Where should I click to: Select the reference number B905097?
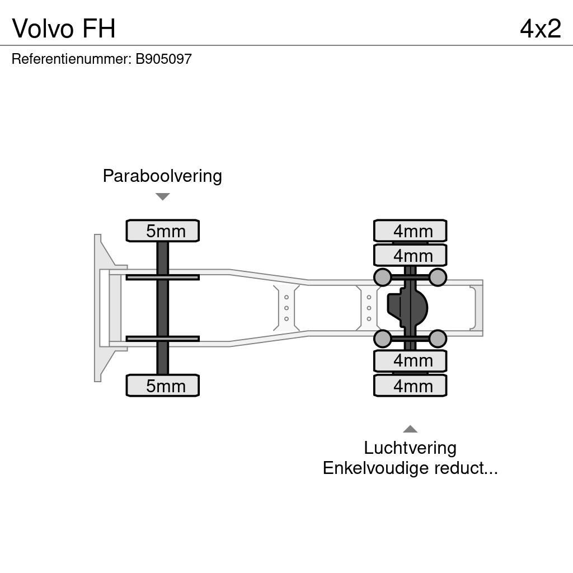pyautogui.click(x=163, y=59)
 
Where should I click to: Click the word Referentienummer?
pyautogui.click(x=71, y=59)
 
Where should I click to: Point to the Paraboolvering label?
pyautogui.click(x=162, y=176)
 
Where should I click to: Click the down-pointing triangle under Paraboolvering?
pyautogui.click(x=162, y=196)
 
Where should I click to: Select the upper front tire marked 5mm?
pyautogui.click(x=163, y=231)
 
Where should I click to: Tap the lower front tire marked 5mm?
pyautogui.click(x=163, y=386)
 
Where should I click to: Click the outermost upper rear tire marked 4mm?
pyautogui.click(x=410, y=231)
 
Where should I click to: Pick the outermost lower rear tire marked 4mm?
pyautogui.click(x=410, y=386)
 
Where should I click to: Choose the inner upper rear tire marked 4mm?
pyautogui.click(x=410, y=255)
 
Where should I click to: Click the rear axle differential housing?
pyautogui.click(x=408, y=308)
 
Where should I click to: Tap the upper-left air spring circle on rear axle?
pyautogui.click(x=382, y=277)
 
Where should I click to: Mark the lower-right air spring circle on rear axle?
pyautogui.click(x=438, y=339)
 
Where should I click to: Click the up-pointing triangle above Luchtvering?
pyautogui.click(x=410, y=429)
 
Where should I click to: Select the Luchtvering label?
pyautogui.click(x=410, y=448)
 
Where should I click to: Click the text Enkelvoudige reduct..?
pyautogui.click(x=410, y=468)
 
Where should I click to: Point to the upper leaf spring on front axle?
pyautogui.click(x=162, y=277)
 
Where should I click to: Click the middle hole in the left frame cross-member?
pyautogui.click(x=286, y=308)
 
